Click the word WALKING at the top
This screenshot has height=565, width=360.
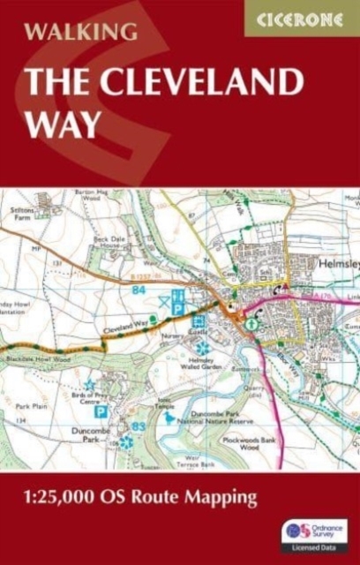click(81, 32)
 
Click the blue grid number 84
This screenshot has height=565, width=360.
click(139, 289)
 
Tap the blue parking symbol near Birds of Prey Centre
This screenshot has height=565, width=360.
click(101, 411)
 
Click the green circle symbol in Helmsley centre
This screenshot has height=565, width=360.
click(252, 324)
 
